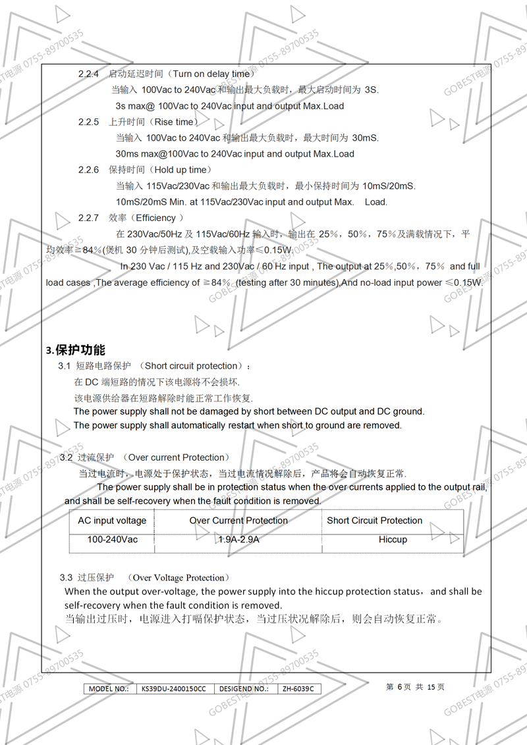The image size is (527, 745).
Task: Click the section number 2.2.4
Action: click(x=88, y=74)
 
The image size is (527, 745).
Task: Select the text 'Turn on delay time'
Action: click(x=211, y=74)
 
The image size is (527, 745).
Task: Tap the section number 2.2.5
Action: click(x=88, y=122)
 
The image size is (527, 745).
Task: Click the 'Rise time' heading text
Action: click(x=174, y=122)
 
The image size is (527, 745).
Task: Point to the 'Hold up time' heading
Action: click(x=180, y=170)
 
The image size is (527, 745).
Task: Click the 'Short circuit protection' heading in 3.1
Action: click(x=190, y=366)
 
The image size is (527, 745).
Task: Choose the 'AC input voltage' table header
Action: click(x=112, y=521)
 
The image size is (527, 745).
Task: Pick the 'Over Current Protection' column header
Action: click(x=238, y=521)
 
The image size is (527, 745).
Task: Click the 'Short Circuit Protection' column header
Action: click(x=374, y=521)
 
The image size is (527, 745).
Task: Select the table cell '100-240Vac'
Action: click(x=113, y=540)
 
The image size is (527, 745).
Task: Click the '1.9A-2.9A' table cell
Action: click(x=238, y=540)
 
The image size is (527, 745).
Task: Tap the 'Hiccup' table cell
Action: click(x=393, y=540)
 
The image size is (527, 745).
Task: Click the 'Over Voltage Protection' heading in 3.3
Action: click(x=179, y=578)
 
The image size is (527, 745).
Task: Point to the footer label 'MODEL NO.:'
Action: click(x=109, y=689)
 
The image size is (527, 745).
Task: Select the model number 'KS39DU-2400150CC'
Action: click(x=173, y=689)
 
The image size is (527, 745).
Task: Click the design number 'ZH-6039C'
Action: click(x=298, y=689)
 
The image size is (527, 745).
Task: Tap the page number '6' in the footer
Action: click(x=399, y=687)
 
